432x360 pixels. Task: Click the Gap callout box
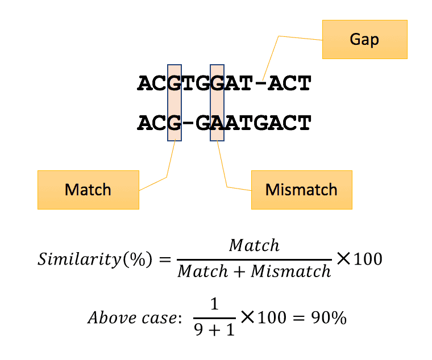point(364,40)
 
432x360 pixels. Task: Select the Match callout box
point(88,190)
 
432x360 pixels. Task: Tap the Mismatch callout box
point(301,190)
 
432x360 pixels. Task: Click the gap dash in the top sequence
point(261,84)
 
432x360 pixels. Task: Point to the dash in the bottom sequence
point(188,123)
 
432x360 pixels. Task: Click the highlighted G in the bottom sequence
point(174,123)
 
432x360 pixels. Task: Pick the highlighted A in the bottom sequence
point(217,123)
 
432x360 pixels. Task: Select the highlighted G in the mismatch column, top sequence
point(217,84)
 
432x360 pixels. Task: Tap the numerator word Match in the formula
point(254,245)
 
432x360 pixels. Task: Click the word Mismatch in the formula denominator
point(291,271)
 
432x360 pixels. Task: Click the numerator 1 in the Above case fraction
point(214,305)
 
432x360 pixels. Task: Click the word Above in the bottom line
point(106,318)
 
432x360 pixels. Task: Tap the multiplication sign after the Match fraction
point(343,259)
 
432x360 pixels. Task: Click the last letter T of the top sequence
point(304,84)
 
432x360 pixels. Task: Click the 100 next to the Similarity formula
point(367,259)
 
